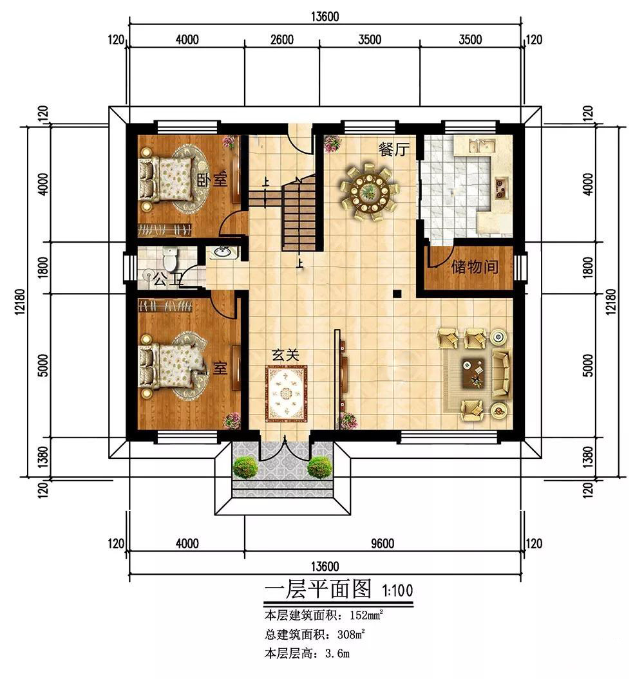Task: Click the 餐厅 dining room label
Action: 393,150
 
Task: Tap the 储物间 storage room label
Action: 475,266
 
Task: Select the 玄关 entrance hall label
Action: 285,355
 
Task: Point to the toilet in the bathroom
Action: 170,259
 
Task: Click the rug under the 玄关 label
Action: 287,394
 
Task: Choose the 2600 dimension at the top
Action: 282,40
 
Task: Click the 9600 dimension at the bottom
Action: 383,543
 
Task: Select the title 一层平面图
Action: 317,590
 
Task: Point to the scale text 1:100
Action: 397,590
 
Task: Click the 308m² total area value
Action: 351,635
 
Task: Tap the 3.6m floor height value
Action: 337,653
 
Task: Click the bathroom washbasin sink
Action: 224,252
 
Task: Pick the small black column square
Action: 397,293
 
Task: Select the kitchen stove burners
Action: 500,187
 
